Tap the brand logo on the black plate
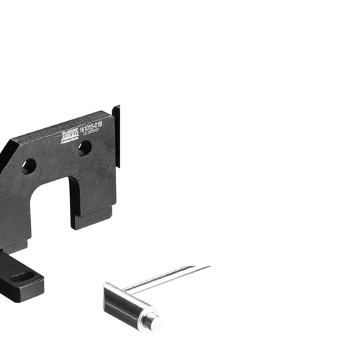pyautogui.click(x=72, y=135)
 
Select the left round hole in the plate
pyautogui.click(x=29, y=166)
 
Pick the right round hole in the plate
pyautogui.click(x=84, y=148)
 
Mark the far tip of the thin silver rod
pyautogui.click(x=209, y=266)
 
